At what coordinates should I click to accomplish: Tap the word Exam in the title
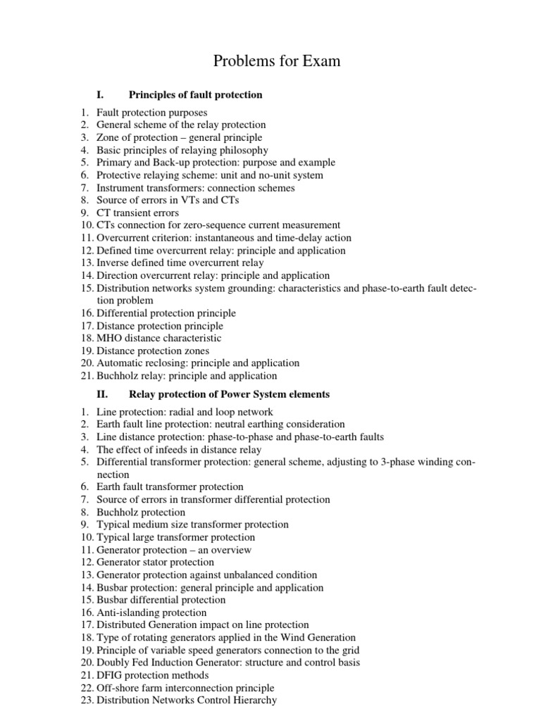click(x=323, y=61)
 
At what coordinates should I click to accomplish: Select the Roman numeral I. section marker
click(x=100, y=94)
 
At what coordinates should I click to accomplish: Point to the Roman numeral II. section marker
click(x=101, y=394)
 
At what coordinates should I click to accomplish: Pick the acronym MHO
click(x=109, y=338)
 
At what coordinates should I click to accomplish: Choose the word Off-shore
click(x=118, y=688)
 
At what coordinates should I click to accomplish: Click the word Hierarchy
click(x=251, y=701)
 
